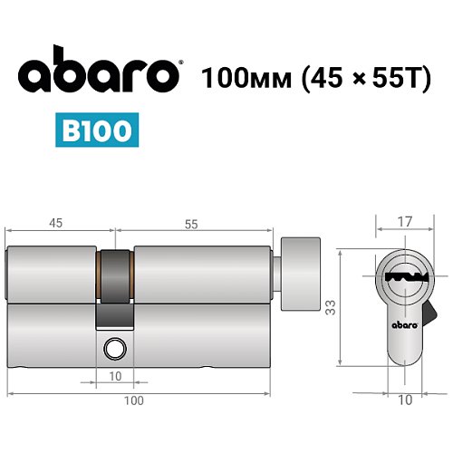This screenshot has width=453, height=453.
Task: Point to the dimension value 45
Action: (56, 220)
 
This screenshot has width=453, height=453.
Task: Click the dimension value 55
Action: (192, 220)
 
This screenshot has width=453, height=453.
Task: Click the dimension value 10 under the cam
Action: (115, 376)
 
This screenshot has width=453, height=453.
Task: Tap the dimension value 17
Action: (403, 219)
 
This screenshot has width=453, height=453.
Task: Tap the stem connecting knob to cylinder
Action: (279, 273)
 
